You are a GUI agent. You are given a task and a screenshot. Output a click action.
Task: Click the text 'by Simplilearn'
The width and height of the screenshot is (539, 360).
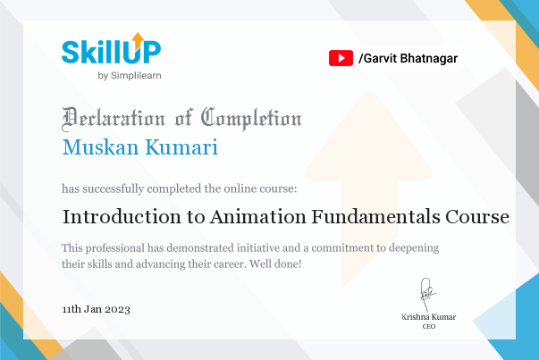(130, 75)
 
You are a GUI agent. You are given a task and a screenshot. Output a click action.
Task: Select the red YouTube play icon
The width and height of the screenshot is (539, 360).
(341, 58)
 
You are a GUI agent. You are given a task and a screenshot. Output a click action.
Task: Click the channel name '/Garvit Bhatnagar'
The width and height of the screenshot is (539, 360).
(408, 58)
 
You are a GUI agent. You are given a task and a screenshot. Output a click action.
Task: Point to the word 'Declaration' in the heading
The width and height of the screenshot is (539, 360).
(113, 118)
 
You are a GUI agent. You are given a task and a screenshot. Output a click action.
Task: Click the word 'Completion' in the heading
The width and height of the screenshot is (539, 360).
(251, 118)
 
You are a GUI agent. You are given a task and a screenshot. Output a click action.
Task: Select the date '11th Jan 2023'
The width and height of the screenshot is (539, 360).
(97, 309)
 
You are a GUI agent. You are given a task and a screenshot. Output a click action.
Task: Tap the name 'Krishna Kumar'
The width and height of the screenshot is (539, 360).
(428, 317)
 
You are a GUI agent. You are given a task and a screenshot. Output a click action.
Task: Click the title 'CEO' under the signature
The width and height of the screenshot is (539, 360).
(428, 327)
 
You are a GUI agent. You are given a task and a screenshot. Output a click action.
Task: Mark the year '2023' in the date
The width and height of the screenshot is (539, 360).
(117, 309)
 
